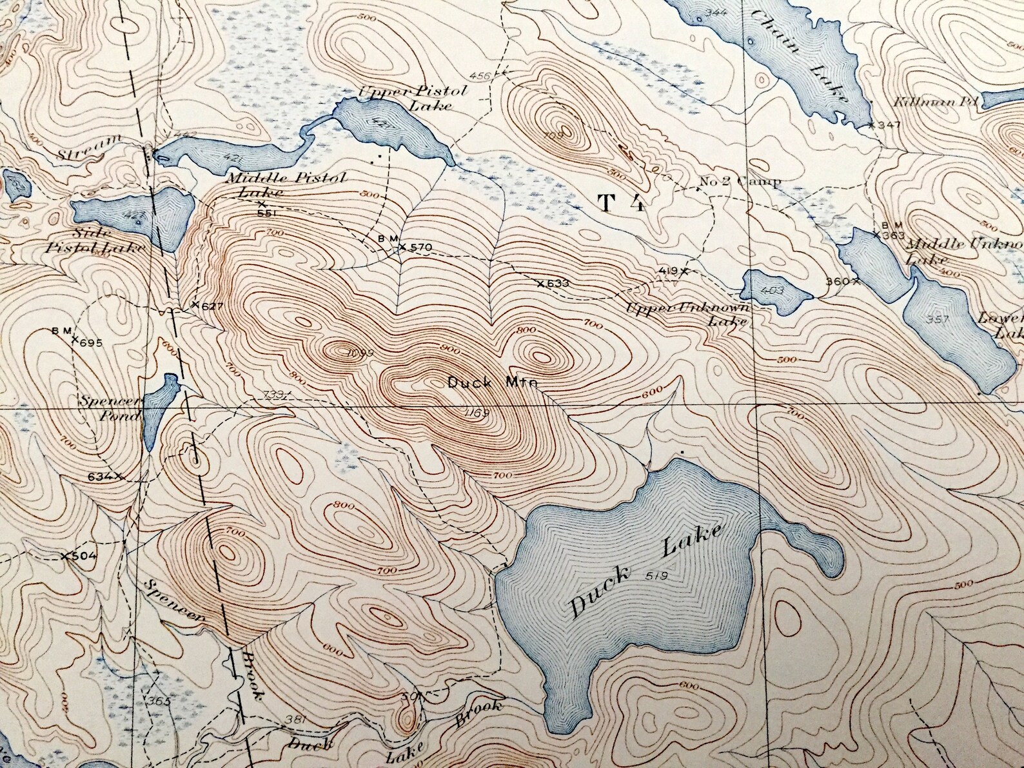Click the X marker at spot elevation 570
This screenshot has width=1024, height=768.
(x=402, y=247)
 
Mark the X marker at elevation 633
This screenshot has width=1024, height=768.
(x=540, y=282)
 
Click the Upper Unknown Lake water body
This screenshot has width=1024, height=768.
(x=774, y=291)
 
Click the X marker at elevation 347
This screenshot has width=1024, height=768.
(x=871, y=124)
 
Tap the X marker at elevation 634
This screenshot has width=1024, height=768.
(x=119, y=477)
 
